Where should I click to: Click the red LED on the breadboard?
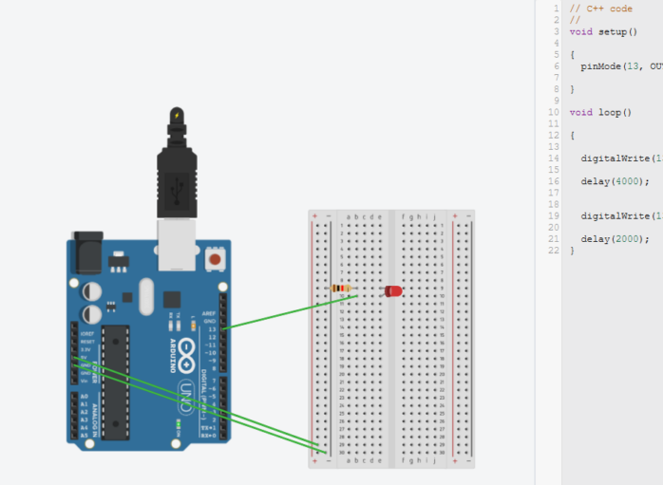[392, 290]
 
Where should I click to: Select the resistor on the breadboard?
[341, 288]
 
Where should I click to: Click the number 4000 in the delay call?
[627, 180]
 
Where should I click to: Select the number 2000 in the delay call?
[627, 238]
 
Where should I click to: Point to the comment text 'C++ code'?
[609, 9]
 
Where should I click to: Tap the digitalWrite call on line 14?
[615, 158]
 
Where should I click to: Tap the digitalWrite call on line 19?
[615, 215]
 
